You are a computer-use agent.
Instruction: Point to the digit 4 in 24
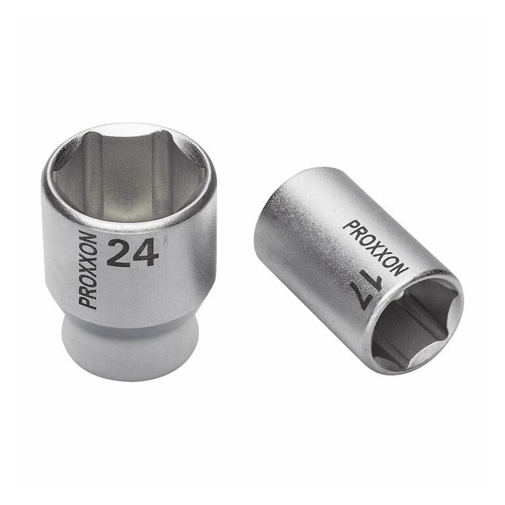click(145, 253)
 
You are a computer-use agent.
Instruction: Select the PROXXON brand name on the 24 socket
click(87, 270)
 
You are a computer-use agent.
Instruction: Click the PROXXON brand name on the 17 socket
click(375, 248)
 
